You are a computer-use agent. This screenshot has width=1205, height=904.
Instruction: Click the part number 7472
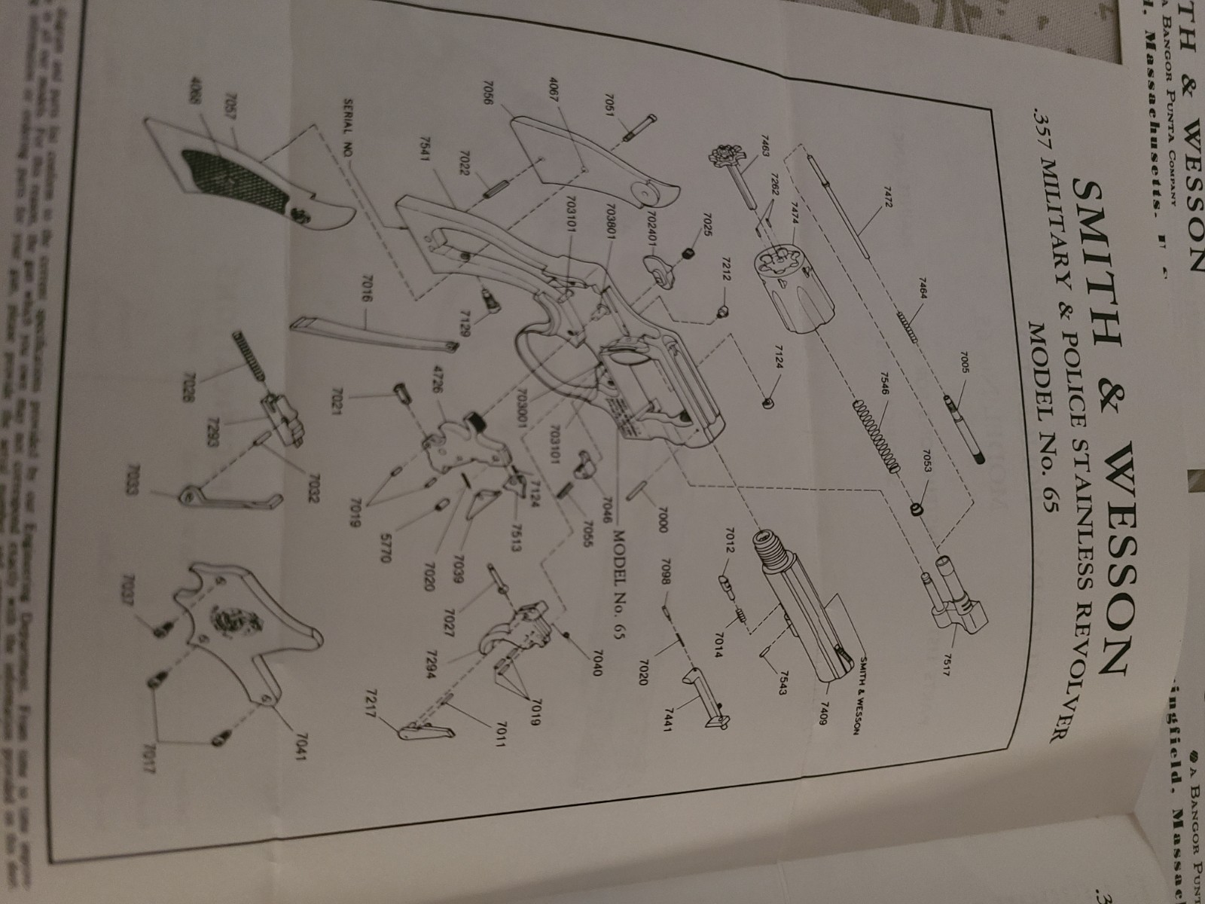click(x=879, y=206)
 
